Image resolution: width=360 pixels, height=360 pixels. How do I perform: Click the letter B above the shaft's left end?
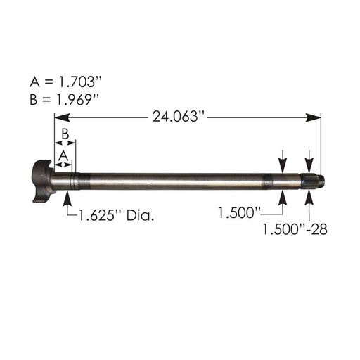64,133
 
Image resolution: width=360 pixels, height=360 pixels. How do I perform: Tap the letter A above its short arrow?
63,153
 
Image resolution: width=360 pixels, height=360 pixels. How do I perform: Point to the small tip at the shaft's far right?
323,180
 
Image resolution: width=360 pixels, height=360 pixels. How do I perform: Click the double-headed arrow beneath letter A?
63,163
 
